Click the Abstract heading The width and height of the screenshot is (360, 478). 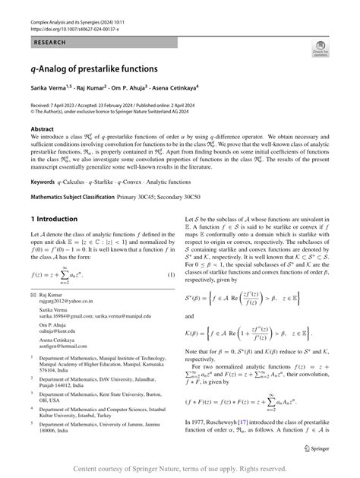[41, 129]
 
